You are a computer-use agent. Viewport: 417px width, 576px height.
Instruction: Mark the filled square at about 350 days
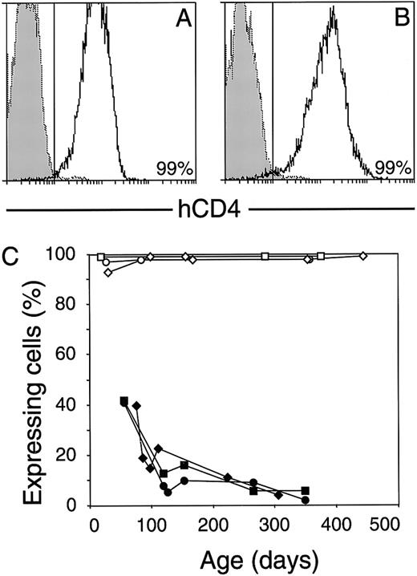(x=306, y=491)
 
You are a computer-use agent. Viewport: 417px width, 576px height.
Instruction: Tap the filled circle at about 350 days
(x=306, y=500)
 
